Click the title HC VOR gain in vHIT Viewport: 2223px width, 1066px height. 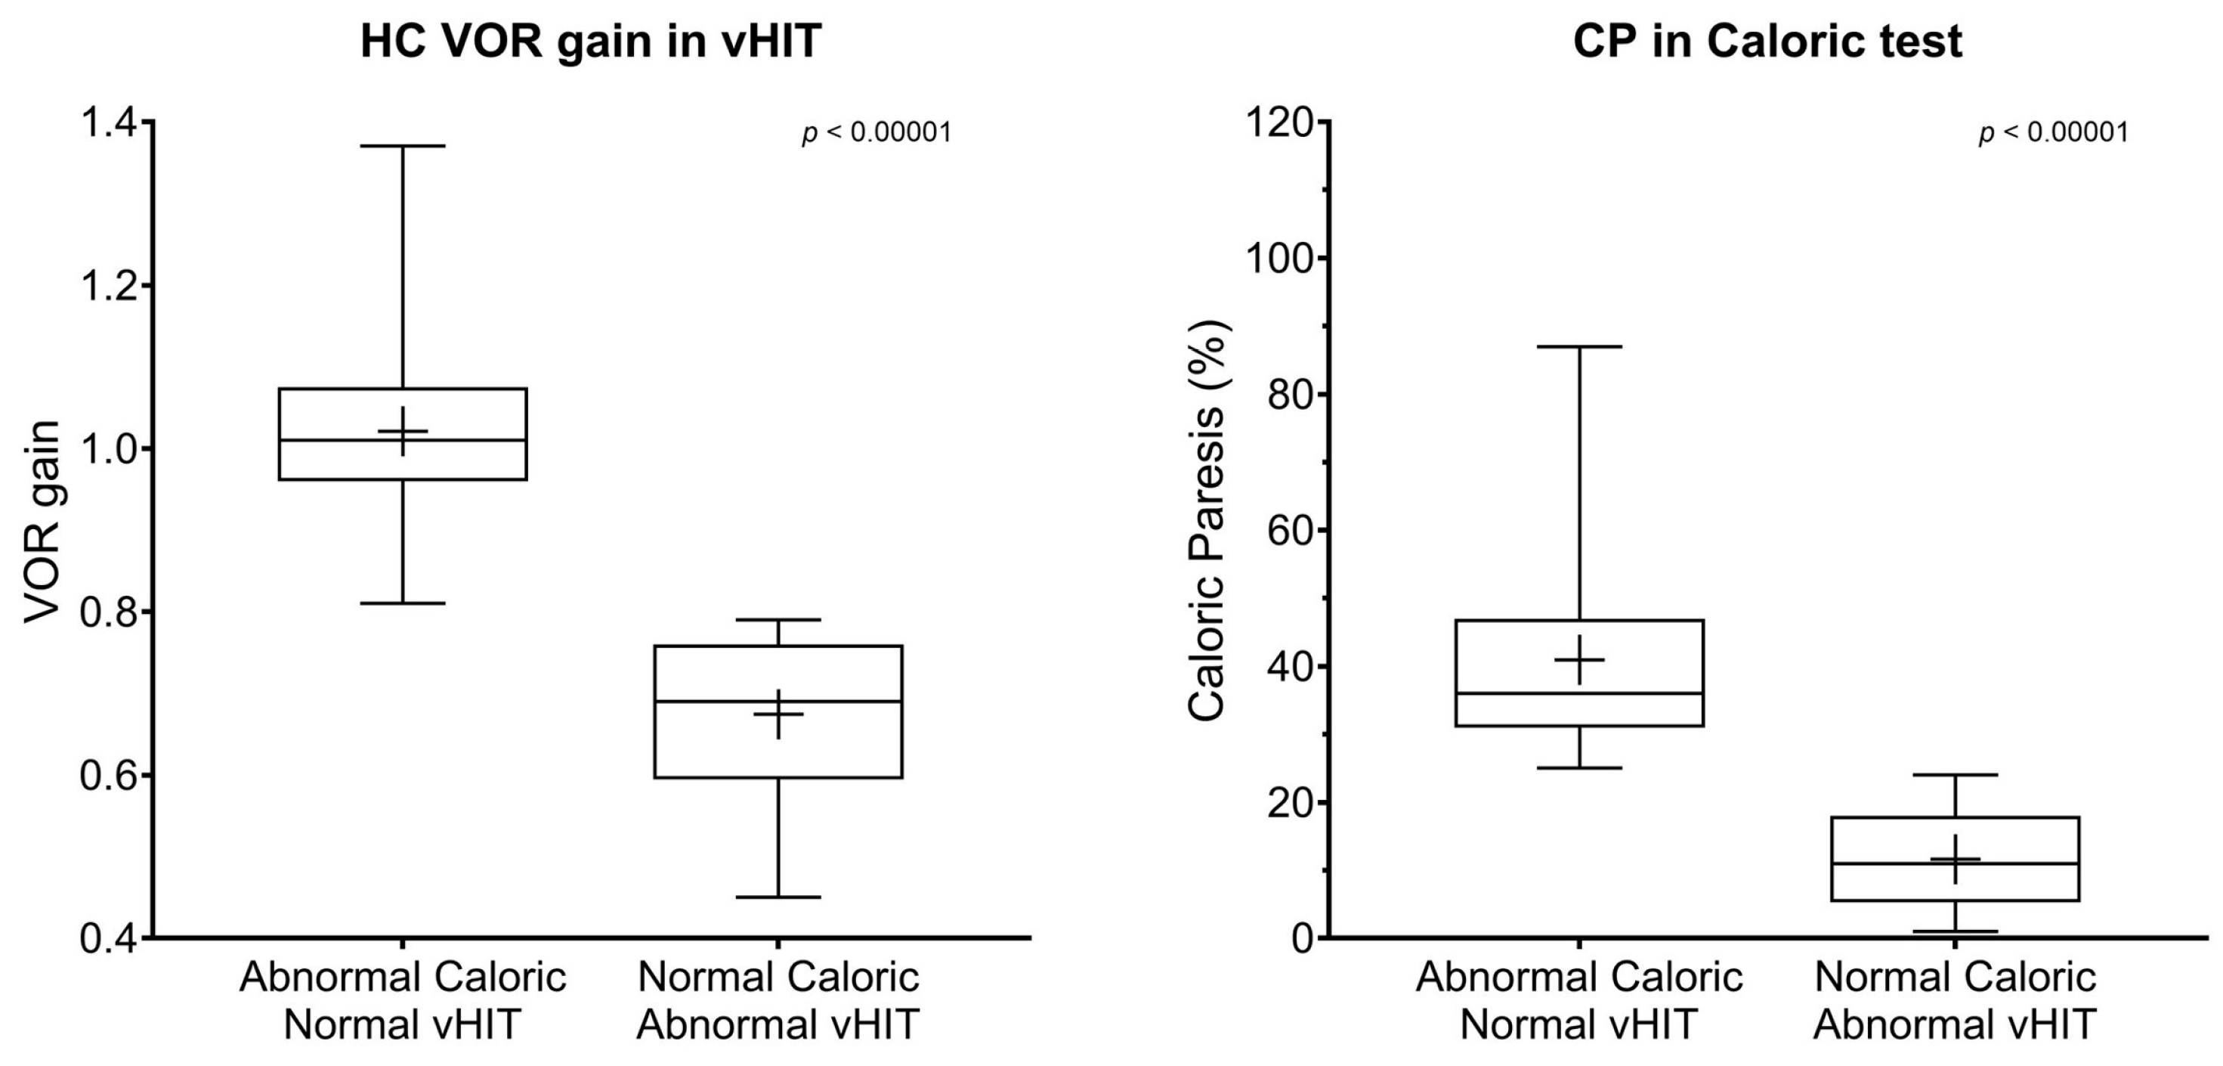(x=589, y=42)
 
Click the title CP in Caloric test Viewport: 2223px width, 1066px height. (x=1767, y=42)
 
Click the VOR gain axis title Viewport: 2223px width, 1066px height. (x=43, y=522)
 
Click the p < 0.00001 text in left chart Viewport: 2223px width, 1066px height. (x=877, y=133)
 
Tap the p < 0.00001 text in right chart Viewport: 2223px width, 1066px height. (x=2053, y=133)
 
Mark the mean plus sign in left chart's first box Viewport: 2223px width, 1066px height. (x=402, y=431)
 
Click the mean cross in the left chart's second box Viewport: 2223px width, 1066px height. (x=778, y=714)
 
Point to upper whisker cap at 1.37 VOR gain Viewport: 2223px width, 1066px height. (x=402, y=146)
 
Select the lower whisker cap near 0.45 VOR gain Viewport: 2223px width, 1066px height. (x=778, y=897)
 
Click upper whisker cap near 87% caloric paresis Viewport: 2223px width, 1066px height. (x=1579, y=346)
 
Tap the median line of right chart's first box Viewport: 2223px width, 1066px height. (x=1579, y=693)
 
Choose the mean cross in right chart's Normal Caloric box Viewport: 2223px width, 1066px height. (x=1955, y=859)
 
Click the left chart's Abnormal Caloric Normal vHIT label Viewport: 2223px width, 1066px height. (x=402, y=1001)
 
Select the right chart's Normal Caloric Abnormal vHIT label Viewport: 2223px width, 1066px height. (x=1955, y=1001)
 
